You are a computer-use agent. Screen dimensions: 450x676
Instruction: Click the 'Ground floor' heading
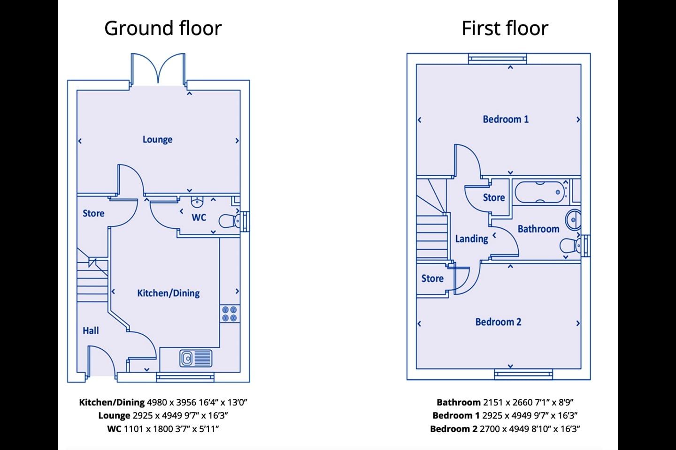coord(162,28)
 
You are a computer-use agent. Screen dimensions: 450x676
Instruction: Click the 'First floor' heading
coord(505,28)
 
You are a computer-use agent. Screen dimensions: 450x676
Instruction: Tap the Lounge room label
coord(157,139)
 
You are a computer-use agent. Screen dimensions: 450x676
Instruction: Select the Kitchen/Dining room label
coord(168,293)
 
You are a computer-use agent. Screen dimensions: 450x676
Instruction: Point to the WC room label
coord(199,217)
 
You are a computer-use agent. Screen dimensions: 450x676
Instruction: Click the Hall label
coord(91,330)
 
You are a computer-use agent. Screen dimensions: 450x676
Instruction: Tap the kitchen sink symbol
coord(196,358)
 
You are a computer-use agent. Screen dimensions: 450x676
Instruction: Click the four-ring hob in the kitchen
coord(230,314)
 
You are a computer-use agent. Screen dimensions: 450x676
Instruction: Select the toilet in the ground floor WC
coord(230,220)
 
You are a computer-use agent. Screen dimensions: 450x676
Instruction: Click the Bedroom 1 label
coord(506,119)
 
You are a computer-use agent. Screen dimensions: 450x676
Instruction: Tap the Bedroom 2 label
coord(498,322)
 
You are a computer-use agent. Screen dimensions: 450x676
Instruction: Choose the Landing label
coord(471,239)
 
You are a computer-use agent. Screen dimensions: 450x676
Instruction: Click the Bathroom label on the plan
coord(538,229)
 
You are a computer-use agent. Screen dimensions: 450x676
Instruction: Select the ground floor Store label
coord(93,213)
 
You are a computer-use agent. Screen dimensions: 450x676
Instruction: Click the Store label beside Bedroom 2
coord(432,278)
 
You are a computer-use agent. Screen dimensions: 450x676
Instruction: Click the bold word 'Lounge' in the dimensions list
coord(114,415)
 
